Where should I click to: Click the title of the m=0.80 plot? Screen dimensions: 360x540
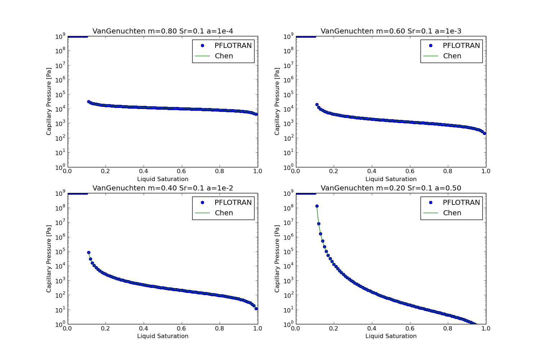pyautogui.click(x=163, y=31)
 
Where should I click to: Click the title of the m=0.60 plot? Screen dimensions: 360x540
pyautogui.click(x=391, y=31)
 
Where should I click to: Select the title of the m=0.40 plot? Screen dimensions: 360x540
pyautogui.click(x=163, y=188)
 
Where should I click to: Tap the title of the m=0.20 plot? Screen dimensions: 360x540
pyautogui.click(x=391, y=188)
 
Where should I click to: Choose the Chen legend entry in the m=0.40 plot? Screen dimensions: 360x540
pyautogui.click(x=224, y=213)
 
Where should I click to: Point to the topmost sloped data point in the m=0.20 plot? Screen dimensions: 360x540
pyautogui.click(x=317, y=206)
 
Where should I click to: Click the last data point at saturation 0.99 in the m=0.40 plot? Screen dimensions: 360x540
pyautogui.click(x=256, y=309)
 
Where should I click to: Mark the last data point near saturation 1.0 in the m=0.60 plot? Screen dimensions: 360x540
pyautogui.click(x=484, y=133)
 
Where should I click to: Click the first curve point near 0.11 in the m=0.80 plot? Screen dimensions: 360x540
pyautogui.click(x=89, y=102)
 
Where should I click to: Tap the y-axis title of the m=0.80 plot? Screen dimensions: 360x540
pyautogui.click(x=49, y=102)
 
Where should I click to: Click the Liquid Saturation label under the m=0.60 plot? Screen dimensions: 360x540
pyautogui.click(x=391, y=179)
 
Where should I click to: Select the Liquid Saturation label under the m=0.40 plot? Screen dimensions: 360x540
pyautogui.click(x=163, y=336)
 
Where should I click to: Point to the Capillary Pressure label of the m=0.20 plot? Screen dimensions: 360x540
pyautogui.click(x=277, y=258)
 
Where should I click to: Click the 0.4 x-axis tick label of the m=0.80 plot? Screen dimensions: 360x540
pyautogui.click(x=144, y=171)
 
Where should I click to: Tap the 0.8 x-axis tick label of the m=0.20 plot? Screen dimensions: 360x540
pyautogui.click(x=448, y=328)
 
